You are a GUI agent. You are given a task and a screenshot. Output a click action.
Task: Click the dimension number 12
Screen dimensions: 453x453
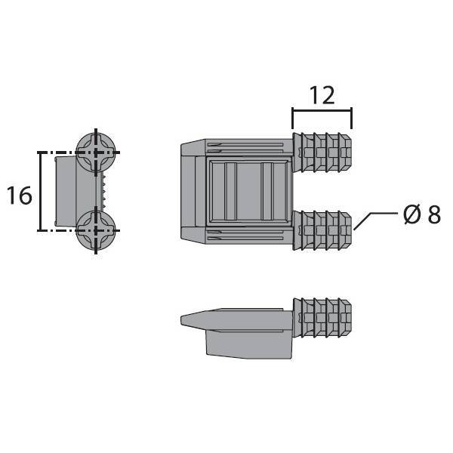(x=322, y=95)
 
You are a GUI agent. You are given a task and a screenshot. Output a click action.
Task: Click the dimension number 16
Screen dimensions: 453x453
(x=19, y=196)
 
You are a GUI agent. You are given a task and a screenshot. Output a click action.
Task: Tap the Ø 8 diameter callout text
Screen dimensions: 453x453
(x=423, y=214)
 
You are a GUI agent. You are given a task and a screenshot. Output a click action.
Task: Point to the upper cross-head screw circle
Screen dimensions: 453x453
(x=96, y=152)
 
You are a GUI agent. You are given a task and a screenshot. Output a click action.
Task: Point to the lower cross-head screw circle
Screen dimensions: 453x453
(x=96, y=230)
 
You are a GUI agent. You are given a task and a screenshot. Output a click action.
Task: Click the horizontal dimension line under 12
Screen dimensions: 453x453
(x=322, y=109)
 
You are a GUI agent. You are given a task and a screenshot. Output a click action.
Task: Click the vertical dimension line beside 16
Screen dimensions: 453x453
(x=40, y=191)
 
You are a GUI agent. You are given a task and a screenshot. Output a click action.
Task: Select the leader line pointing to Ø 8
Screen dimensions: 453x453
(x=374, y=221)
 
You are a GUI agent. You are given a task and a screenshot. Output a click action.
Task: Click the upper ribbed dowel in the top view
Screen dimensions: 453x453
(x=322, y=153)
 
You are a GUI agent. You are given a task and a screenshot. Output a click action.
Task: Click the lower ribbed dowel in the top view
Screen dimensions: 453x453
(x=322, y=231)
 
